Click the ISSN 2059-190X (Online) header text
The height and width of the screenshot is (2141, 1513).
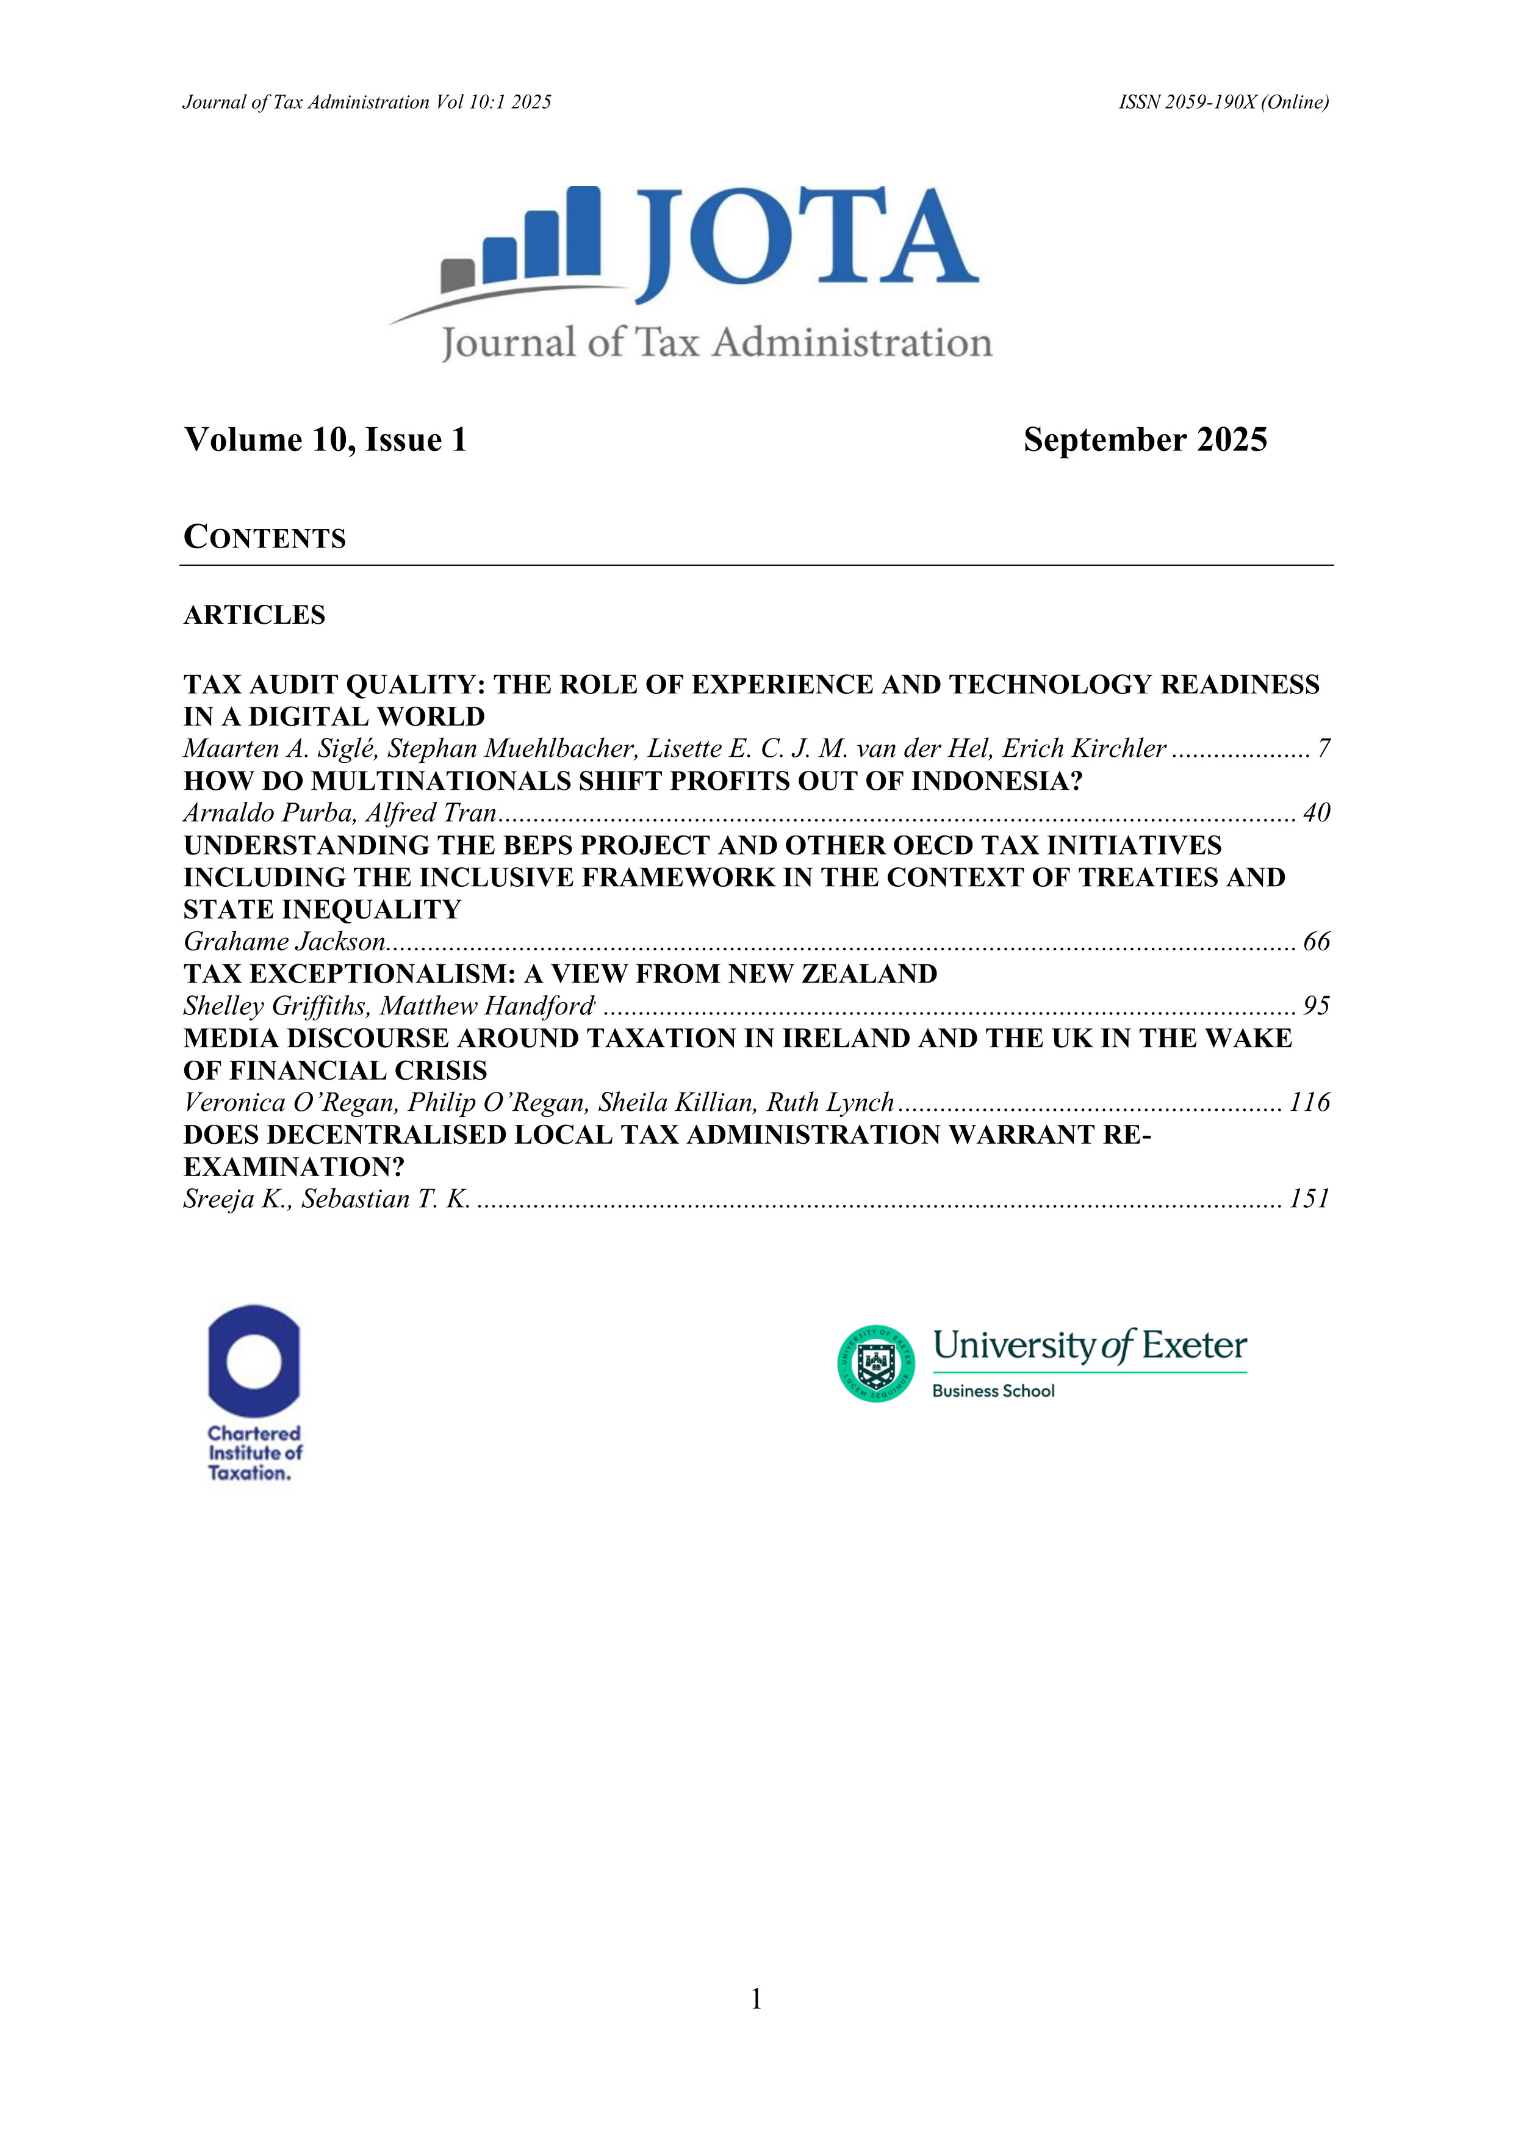tap(1223, 103)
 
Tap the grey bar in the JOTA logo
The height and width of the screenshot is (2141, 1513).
tap(458, 275)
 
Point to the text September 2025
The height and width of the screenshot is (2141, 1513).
tap(1145, 440)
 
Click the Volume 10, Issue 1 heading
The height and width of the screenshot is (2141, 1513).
tap(325, 440)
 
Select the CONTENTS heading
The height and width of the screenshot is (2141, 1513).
tap(265, 538)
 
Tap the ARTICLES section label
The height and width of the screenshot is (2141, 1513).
tap(254, 615)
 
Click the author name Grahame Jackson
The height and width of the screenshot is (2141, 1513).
tap(284, 942)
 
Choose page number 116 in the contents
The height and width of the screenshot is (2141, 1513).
tap(1309, 1103)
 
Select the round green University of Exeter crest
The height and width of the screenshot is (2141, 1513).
tap(875, 1363)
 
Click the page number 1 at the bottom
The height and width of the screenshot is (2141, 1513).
tap(756, 1998)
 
